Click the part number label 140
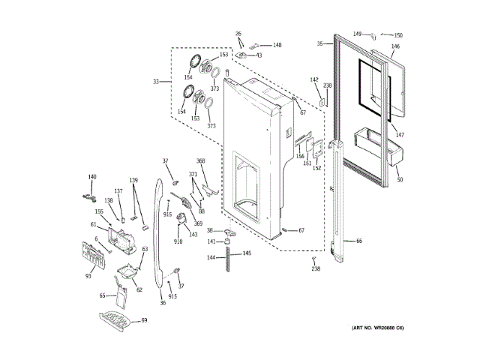pos(92,177)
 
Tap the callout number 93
pos(88,277)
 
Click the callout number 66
pos(358,241)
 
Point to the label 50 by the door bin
pos(399,180)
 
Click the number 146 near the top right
pos(396,46)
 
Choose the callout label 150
pos(398,35)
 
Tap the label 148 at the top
pos(277,45)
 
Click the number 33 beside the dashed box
pos(156,82)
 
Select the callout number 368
pos(201,161)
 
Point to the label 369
pos(198,223)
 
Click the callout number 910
pos(178,241)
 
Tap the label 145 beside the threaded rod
pos(247,253)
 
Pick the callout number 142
pos(314,79)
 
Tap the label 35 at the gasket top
pos(319,44)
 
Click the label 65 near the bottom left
pos(103,295)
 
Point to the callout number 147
pos(400,135)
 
